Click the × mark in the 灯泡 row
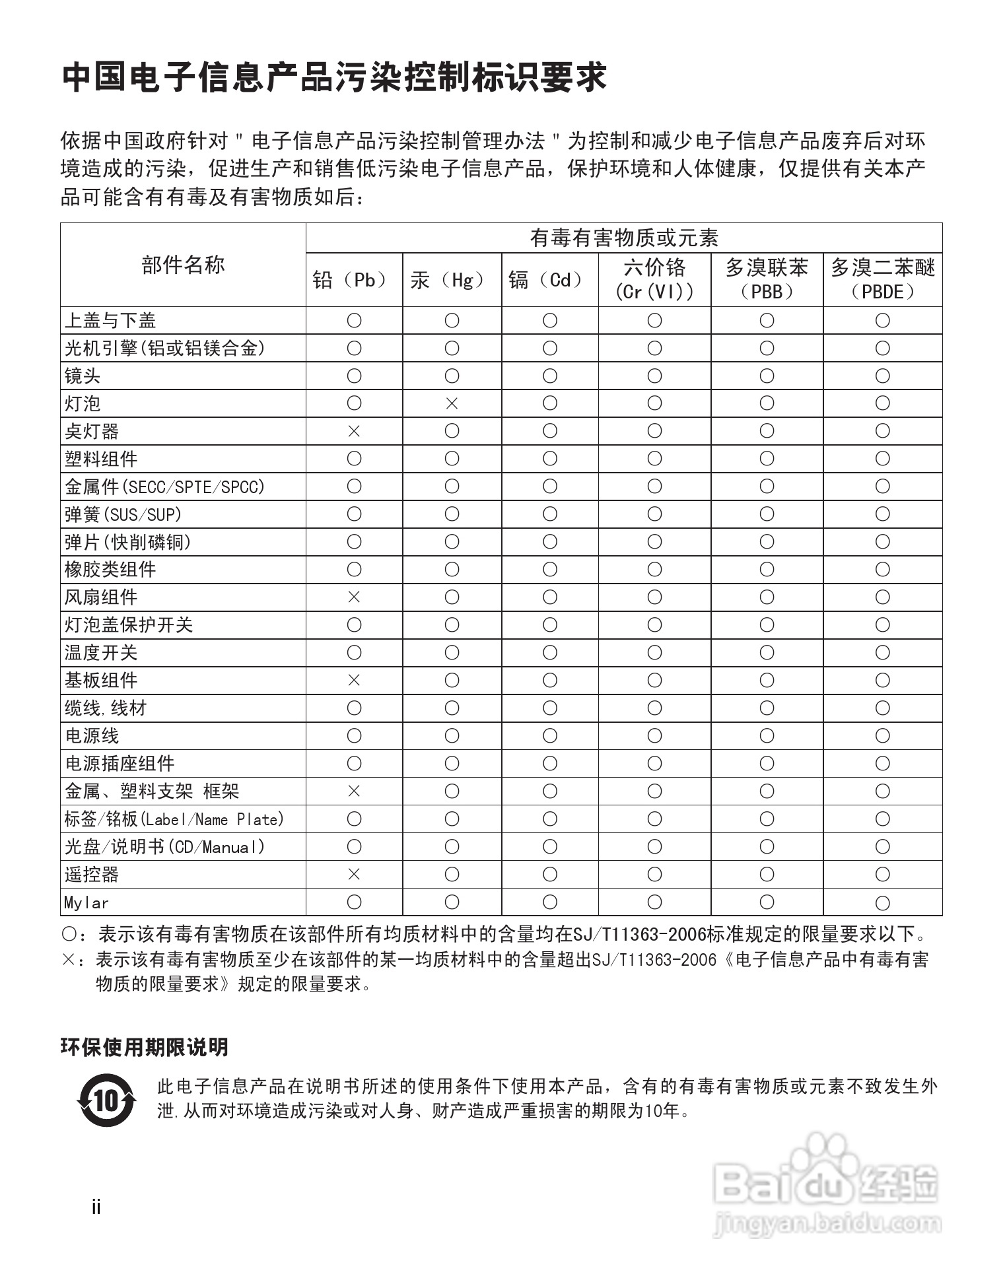click(x=452, y=403)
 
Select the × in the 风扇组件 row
click(x=354, y=597)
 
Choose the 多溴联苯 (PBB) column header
click(x=767, y=279)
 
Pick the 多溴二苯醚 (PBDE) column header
click(x=882, y=279)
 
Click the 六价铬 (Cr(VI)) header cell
click(x=654, y=279)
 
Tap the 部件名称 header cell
click(x=183, y=265)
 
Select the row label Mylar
click(x=86, y=902)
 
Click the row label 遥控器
click(x=92, y=875)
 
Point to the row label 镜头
click(x=83, y=376)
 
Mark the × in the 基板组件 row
click(x=354, y=681)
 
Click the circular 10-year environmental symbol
click(x=106, y=1100)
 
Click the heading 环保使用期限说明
click(x=145, y=1048)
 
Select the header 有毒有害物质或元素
click(x=624, y=238)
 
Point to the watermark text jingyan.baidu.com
click(x=827, y=1225)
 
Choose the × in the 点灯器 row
click(x=354, y=431)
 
